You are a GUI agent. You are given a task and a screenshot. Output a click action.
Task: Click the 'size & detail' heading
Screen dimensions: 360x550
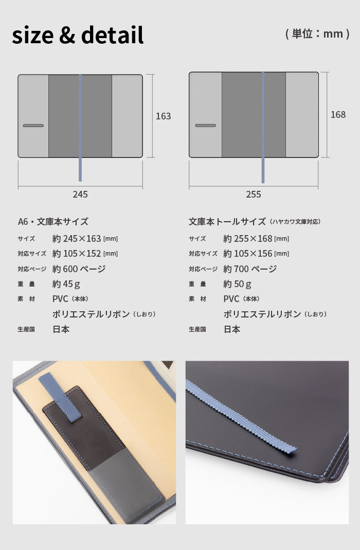(x=78, y=35)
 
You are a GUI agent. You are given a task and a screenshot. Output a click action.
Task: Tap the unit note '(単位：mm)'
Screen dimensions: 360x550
(x=318, y=33)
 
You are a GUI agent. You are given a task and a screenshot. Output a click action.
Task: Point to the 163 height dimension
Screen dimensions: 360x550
(x=164, y=116)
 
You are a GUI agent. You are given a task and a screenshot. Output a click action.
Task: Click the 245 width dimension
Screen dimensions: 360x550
(x=80, y=194)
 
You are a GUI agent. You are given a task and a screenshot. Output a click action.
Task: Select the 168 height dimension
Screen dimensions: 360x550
(x=338, y=115)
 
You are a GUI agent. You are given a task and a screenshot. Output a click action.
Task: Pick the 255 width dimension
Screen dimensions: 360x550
(x=254, y=194)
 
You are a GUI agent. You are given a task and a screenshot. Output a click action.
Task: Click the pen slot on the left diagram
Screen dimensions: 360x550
(x=33, y=126)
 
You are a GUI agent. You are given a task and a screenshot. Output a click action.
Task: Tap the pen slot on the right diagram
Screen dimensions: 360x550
(x=205, y=126)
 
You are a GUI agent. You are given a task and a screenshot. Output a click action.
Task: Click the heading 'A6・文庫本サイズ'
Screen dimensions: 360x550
(x=53, y=222)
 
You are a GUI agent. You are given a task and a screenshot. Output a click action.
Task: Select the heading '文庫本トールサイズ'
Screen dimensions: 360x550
(x=227, y=222)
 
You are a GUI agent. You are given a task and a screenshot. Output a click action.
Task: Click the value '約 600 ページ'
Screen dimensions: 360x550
(x=79, y=269)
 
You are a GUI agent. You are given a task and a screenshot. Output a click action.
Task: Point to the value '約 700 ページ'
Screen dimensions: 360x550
(x=250, y=269)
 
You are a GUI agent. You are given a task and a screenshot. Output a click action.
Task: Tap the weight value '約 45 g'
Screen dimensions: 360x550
(x=66, y=284)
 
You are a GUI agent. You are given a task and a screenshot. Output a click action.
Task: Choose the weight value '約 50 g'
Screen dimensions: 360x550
(x=237, y=284)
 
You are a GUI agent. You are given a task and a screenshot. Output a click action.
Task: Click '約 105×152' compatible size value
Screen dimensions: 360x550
(x=77, y=254)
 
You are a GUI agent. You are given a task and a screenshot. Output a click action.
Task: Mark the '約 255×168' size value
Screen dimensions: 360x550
(x=247, y=239)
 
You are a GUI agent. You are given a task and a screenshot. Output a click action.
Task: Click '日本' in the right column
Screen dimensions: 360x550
(x=232, y=329)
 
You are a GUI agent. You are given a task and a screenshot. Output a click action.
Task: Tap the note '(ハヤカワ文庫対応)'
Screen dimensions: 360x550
(x=295, y=222)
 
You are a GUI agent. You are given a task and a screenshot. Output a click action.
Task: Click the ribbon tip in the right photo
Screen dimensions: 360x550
(x=294, y=450)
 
